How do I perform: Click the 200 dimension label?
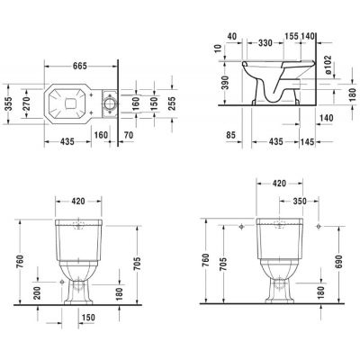click(34, 293)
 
